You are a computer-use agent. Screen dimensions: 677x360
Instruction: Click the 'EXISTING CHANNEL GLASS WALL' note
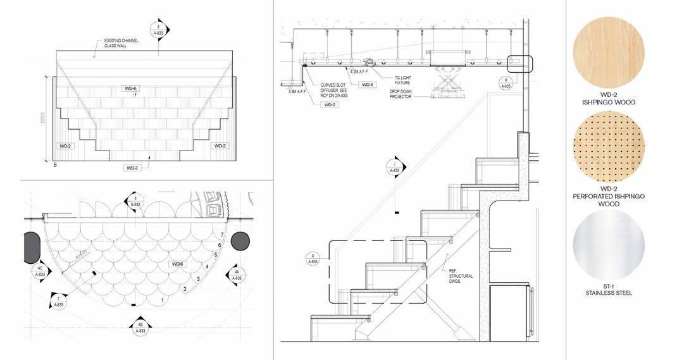point(121,44)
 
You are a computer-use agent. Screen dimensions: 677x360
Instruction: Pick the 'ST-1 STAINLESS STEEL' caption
point(608,290)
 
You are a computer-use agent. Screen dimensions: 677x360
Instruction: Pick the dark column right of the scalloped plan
point(240,242)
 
